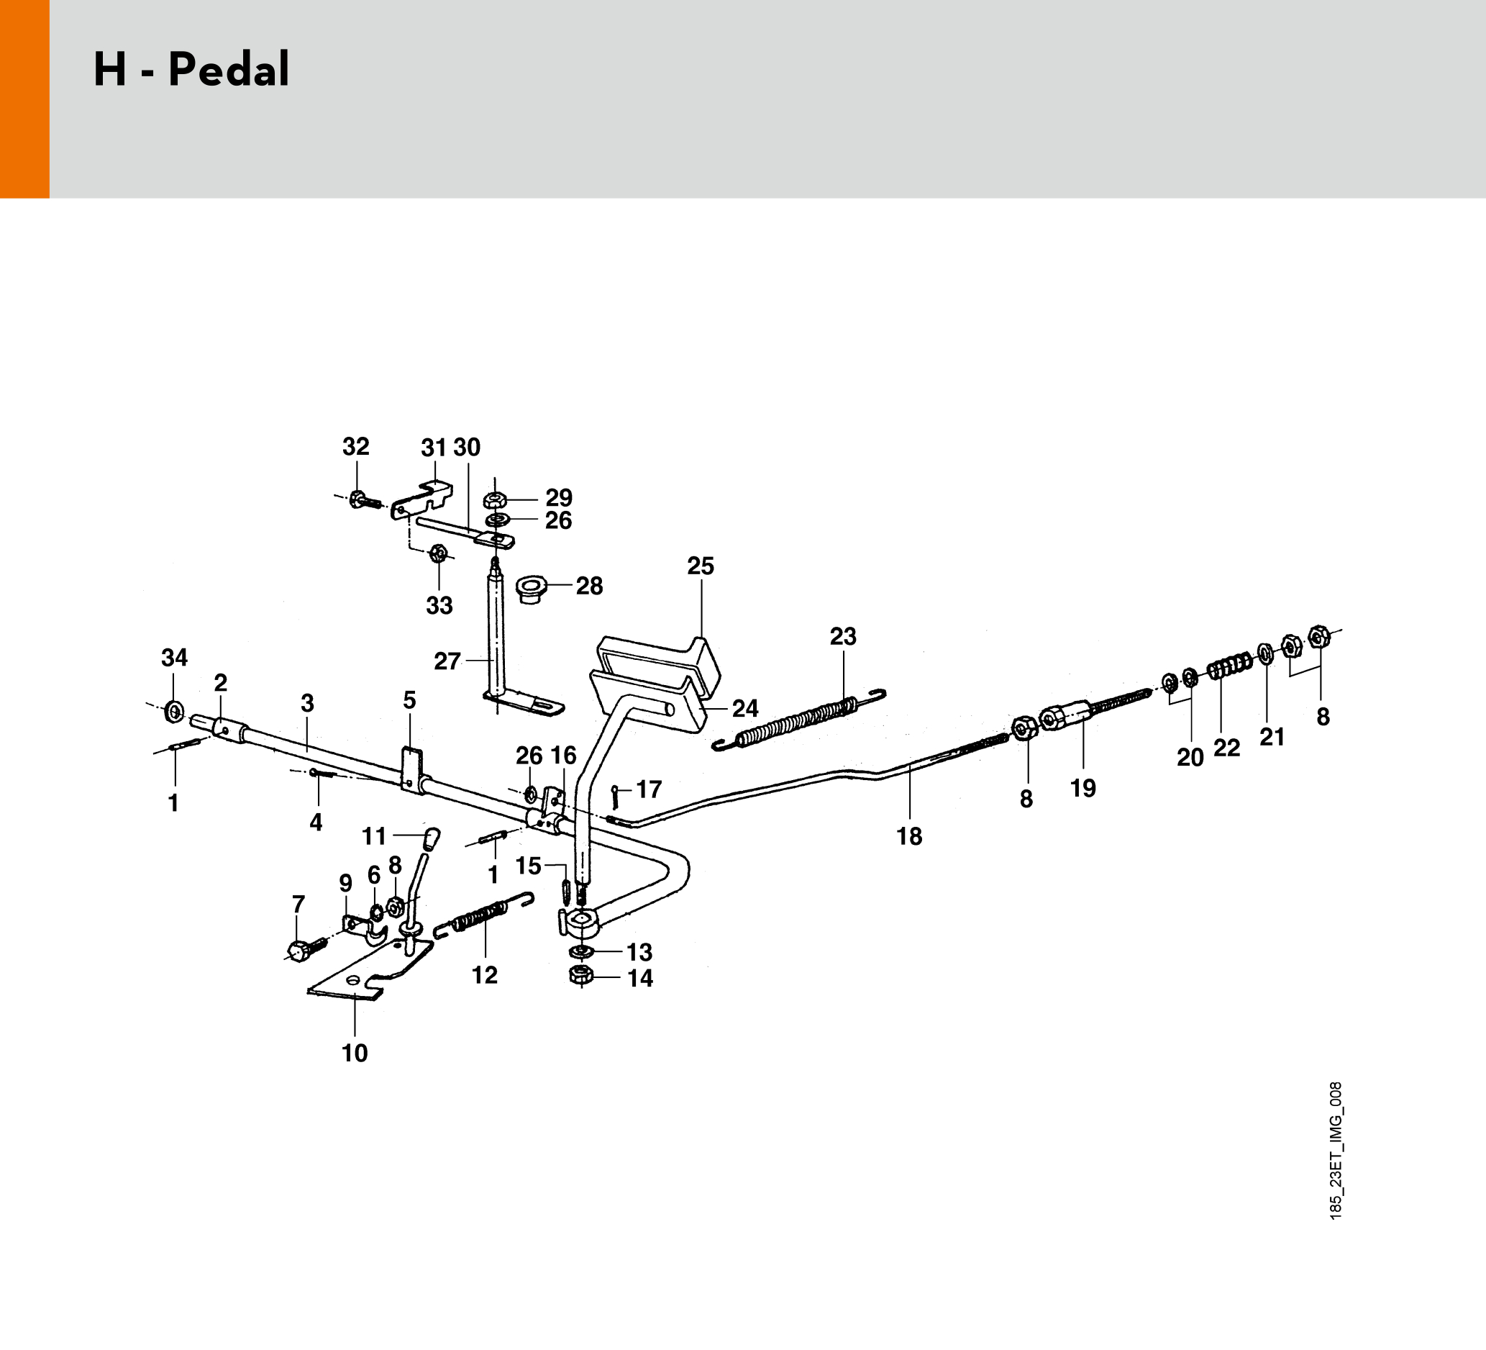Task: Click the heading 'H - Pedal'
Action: (191, 71)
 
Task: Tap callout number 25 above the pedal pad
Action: (701, 566)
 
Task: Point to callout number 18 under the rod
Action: (909, 836)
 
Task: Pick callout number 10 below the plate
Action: (355, 1053)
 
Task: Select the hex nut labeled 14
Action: (581, 977)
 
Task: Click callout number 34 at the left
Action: (175, 657)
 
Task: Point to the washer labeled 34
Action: (175, 712)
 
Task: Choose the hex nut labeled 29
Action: (494, 500)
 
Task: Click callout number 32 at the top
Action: (355, 447)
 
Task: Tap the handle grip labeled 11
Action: (432, 838)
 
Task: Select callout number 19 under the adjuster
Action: (1082, 788)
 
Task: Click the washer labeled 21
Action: (1266, 653)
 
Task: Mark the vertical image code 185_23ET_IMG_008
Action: (1336, 1150)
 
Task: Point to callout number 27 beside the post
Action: (447, 661)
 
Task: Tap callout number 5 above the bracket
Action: (409, 700)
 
